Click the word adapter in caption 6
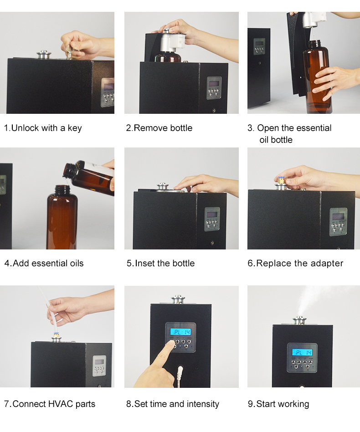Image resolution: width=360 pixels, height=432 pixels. (x=327, y=264)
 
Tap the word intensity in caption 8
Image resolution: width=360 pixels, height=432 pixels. (x=203, y=404)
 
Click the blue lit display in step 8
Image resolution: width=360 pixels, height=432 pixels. (x=180, y=332)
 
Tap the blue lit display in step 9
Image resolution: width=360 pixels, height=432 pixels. (x=302, y=352)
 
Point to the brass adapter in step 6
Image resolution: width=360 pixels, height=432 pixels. (x=281, y=181)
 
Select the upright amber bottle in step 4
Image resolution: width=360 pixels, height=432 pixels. (x=62, y=218)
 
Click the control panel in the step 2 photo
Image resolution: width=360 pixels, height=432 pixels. (x=214, y=88)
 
